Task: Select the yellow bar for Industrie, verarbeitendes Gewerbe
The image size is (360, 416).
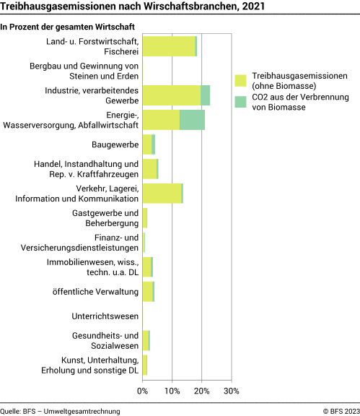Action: point(172,95)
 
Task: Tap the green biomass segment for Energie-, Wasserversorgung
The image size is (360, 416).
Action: point(192,120)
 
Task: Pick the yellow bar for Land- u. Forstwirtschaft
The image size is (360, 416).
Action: point(169,46)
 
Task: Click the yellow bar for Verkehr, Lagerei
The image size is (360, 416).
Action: point(162,194)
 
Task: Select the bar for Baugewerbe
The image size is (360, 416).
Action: point(149,144)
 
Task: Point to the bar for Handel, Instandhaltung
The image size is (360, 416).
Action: point(150,169)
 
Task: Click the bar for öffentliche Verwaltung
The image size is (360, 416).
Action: point(148,292)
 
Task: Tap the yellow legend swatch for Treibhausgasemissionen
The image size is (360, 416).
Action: point(241,80)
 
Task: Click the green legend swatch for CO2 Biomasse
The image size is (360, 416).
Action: point(241,102)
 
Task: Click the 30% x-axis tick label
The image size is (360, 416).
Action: point(230,391)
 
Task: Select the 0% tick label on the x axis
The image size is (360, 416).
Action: point(143,391)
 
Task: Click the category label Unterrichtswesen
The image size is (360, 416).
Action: point(105,316)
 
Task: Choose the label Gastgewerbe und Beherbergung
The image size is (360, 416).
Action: point(105,217)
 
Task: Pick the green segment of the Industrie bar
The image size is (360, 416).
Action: point(206,95)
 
